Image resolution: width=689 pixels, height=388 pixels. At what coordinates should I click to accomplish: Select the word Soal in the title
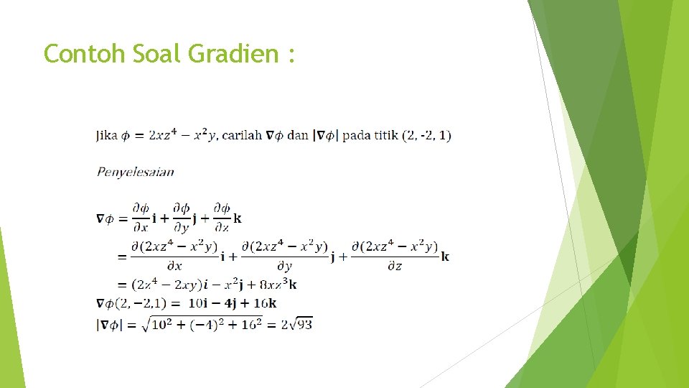(x=156, y=53)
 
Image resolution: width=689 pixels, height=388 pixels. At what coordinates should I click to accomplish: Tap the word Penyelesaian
(x=135, y=172)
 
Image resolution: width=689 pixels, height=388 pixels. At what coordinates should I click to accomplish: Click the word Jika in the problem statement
(x=106, y=136)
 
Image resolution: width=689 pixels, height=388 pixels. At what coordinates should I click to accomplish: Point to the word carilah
(x=242, y=136)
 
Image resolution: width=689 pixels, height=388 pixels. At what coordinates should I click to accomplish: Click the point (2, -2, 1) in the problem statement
(x=427, y=136)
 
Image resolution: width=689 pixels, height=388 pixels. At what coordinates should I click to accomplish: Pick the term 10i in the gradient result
(x=198, y=303)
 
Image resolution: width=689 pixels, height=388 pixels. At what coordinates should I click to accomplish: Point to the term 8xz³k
(x=277, y=285)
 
